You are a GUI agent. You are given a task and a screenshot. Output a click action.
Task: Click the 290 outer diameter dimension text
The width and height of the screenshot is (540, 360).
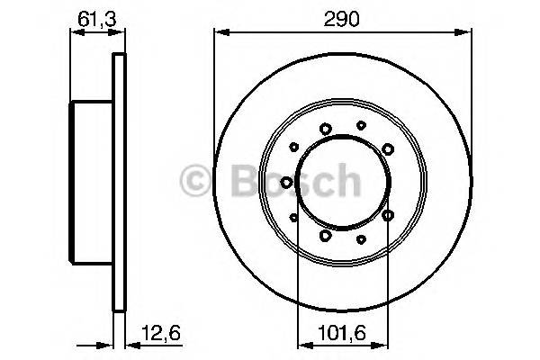[x=342, y=19]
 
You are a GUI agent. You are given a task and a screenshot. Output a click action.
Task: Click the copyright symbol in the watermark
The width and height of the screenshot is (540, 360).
[x=198, y=181]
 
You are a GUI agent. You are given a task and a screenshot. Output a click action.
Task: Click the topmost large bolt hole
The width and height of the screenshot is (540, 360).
[x=324, y=129]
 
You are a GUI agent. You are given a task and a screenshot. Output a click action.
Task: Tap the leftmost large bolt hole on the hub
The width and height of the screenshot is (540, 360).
[x=286, y=182]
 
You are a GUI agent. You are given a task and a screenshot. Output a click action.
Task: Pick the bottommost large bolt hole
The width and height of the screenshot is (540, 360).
[x=324, y=235]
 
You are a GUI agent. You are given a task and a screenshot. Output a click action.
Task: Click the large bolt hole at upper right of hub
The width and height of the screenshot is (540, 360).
[x=388, y=148]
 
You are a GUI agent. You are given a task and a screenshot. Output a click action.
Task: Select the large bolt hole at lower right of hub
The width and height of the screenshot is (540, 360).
[x=388, y=215]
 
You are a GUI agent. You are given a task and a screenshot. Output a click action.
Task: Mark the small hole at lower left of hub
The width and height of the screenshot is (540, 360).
[x=294, y=216]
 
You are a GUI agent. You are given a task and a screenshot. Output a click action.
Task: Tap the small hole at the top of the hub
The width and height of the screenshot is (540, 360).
[x=361, y=125]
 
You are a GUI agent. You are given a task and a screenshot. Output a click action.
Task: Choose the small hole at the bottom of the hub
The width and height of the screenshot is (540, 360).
[x=361, y=238]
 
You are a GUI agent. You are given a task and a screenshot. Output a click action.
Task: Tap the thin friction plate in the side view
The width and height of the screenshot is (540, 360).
[x=117, y=182]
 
